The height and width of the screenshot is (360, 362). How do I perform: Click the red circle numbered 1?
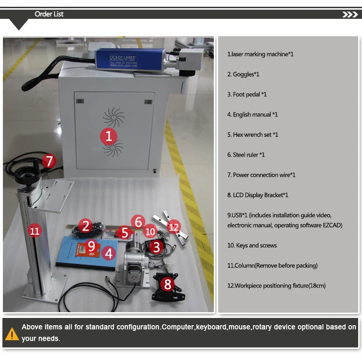tap(109, 136)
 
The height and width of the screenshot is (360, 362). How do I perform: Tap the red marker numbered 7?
tap(49, 161)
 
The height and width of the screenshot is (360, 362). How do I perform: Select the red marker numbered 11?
tap(34, 230)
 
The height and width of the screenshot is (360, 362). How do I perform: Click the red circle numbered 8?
tap(167, 284)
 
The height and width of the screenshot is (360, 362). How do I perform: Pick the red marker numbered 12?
tap(173, 227)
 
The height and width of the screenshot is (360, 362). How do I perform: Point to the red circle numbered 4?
tap(109, 253)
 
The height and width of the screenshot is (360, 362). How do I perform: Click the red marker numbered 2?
tap(86, 226)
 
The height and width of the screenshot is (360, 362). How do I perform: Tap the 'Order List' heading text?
tap(49, 14)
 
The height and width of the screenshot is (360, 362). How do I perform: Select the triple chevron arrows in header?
tap(349, 14)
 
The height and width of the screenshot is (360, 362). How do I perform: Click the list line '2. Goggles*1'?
tap(243, 74)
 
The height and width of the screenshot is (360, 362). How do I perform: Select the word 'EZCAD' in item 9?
tap(333, 225)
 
